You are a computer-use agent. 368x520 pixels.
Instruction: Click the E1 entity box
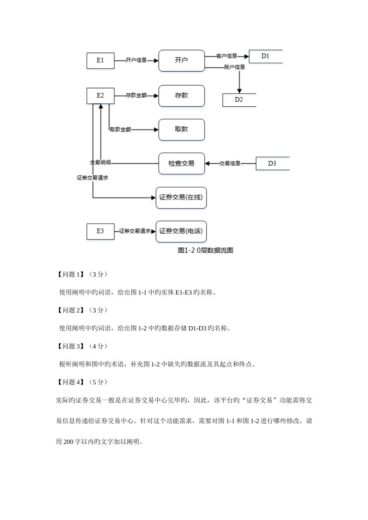(x=100, y=60)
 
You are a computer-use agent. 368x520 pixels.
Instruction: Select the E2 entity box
(x=100, y=96)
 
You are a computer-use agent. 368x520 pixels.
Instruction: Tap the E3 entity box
(x=100, y=231)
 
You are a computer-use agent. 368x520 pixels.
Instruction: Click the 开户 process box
(x=181, y=60)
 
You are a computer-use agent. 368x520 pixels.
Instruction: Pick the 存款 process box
(x=181, y=96)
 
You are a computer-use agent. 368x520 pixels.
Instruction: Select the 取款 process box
(x=181, y=130)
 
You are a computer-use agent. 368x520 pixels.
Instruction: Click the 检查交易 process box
(x=181, y=163)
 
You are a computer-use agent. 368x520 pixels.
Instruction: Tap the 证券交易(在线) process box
(x=181, y=197)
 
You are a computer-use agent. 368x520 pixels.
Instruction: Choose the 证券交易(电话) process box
(x=181, y=231)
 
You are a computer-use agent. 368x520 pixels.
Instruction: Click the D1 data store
(x=265, y=56)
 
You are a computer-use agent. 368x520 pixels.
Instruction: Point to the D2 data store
(x=239, y=100)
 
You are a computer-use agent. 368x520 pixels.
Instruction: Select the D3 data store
(x=272, y=163)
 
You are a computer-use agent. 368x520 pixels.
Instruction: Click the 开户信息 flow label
(x=136, y=60)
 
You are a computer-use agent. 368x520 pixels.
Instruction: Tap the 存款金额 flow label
(x=136, y=96)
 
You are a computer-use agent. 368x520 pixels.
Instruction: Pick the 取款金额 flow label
(x=120, y=130)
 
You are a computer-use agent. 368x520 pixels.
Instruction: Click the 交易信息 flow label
(x=230, y=163)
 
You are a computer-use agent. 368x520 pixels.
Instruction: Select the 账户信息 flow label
(x=234, y=67)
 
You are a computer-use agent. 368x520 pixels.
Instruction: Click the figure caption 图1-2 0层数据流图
(x=205, y=250)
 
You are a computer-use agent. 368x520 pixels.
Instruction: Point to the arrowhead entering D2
(x=240, y=90)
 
